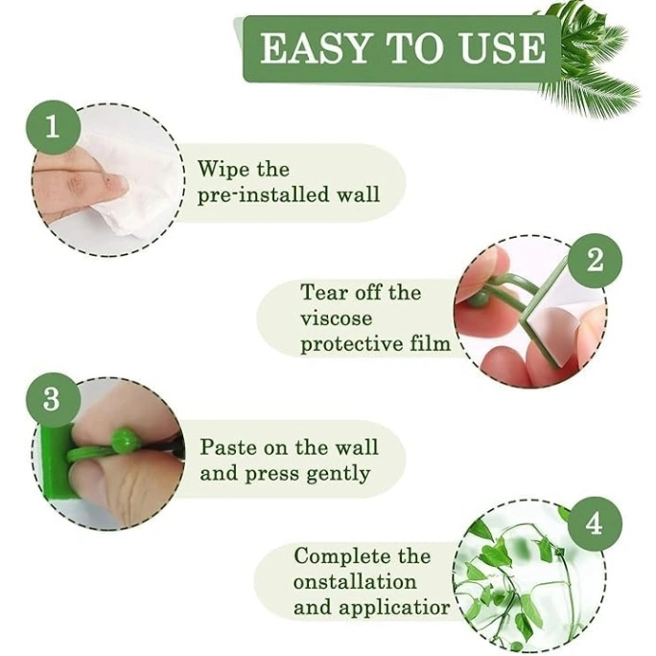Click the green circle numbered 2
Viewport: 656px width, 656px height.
[595, 260]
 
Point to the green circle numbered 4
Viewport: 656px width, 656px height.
[595, 524]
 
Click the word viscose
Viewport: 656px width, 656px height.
[336, 317]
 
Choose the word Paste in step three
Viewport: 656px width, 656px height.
[228, 448]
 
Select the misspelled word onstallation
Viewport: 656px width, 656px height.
[355, 581]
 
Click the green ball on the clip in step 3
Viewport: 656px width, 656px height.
[124, 442]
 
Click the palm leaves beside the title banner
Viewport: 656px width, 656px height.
[595, 67]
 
